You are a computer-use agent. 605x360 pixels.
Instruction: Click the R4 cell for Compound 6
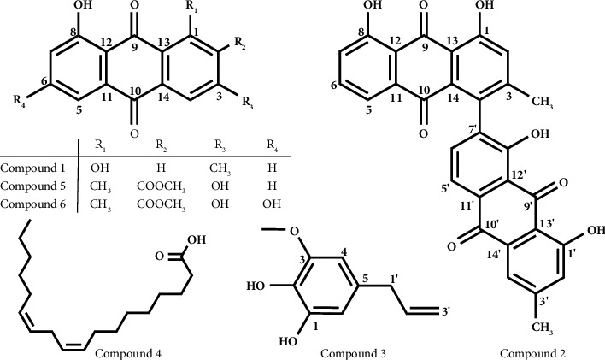(x=275, y=205)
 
